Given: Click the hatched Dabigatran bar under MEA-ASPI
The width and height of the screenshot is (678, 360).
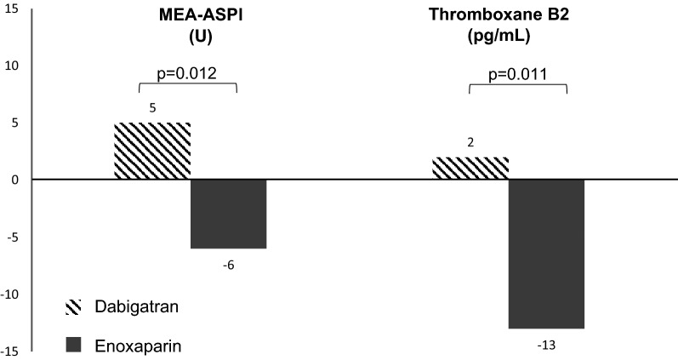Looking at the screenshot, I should pyautogui.click(x=152, y=151).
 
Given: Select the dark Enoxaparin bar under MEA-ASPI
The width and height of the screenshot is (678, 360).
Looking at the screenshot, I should pyautogui.click(x=228, y=214).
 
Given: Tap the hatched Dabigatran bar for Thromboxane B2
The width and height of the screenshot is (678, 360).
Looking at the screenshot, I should pyautogui.click(x=470, y=169).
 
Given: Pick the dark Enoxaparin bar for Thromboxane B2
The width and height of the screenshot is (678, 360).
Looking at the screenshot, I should pyautogui.click(x=546, y=254).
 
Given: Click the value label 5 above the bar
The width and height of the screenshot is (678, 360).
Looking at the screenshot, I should pyautogui.click(x=152, y=109).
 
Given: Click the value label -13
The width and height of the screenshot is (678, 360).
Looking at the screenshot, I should pyautogui.click(x=546, y=345).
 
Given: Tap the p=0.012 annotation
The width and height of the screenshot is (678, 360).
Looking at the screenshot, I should pyautogui.click(x=187, y=73).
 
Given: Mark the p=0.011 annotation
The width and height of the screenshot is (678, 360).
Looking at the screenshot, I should pyautogui.click(x=517, y=73).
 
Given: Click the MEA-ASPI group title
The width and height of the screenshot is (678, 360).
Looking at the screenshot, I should pyautogui.click(x=187, y=14).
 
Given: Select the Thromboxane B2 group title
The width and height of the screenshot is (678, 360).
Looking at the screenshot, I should pyautogui.click(x=517, y=14).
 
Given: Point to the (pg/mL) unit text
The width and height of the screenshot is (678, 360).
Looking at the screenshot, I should pyautogui.click(x=517, y=36).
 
